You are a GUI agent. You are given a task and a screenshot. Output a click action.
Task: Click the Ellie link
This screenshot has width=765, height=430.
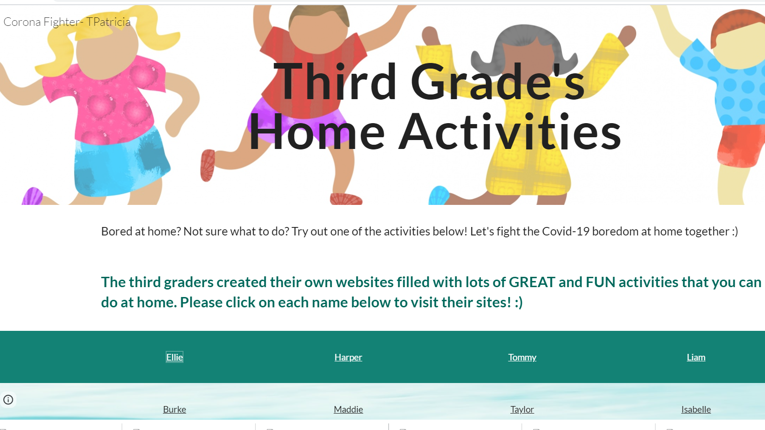(174, 357)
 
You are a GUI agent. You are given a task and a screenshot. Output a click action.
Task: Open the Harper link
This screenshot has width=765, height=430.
(348, 357)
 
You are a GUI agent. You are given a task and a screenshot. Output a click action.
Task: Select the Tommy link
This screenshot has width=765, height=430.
(522, 357)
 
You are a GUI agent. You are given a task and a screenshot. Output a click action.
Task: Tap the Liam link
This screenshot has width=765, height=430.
(696, 357)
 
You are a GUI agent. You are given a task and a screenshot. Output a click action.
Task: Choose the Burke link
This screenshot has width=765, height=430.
(174, 409)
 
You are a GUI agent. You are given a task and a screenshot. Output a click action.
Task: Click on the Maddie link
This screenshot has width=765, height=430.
(348, 409)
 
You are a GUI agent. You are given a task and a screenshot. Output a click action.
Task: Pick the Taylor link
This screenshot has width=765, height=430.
(522, 409)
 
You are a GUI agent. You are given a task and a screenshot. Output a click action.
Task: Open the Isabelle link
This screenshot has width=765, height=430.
(696, 409)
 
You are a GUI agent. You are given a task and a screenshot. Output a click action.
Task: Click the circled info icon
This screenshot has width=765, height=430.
(8, 399)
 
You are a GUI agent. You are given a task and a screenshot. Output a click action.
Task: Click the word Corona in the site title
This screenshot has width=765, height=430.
(22, 22)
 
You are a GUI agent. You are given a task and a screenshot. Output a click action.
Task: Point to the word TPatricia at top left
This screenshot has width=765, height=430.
(108, 22)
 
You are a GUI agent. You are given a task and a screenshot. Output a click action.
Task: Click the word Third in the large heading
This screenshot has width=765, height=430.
(335, 81)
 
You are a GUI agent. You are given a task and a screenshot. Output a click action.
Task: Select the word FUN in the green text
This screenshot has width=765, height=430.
(601, 282)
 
